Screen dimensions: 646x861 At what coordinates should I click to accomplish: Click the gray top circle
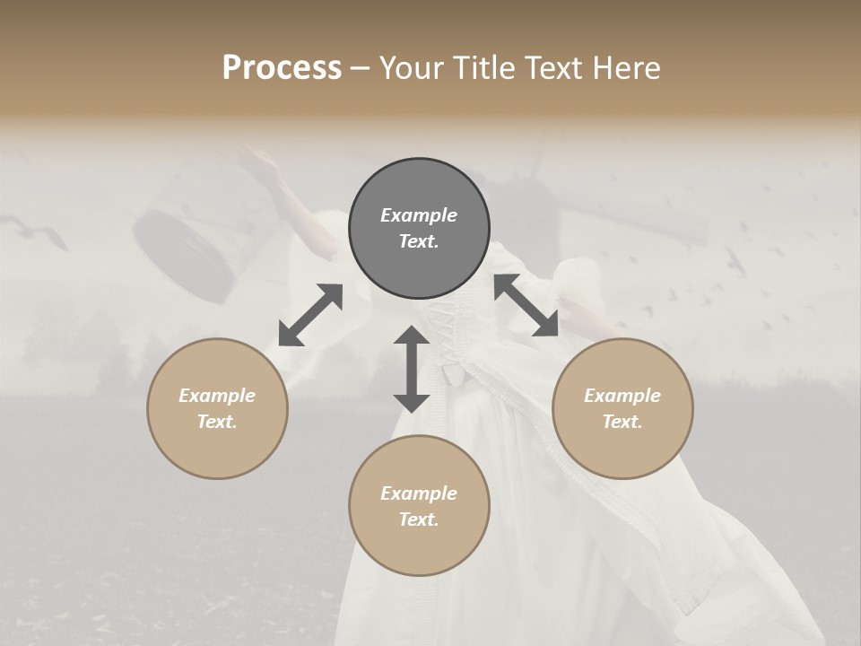(419, 229)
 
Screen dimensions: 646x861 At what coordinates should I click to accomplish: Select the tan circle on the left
(217, 408)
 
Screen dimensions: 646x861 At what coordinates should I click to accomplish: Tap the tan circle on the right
(622, 408)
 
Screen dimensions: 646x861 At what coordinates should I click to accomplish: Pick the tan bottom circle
(419, 506)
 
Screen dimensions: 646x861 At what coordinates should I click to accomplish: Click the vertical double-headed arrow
(412, 369)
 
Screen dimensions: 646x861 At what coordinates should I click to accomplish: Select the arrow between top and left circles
(310, 315)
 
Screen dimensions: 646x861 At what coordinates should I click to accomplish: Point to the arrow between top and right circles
(526, 306)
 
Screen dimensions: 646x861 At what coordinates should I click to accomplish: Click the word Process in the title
(282, 68)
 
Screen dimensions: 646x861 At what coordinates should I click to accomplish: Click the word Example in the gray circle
(419, 215)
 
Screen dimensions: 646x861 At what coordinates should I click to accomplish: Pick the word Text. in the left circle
(217, 422)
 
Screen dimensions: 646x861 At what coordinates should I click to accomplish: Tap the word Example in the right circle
(622, 396)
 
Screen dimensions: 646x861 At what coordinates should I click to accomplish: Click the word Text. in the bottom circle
(419, 519)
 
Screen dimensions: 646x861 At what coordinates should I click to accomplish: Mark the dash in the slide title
(360, 68)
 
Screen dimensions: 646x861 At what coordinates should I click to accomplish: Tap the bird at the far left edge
(45, 235)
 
